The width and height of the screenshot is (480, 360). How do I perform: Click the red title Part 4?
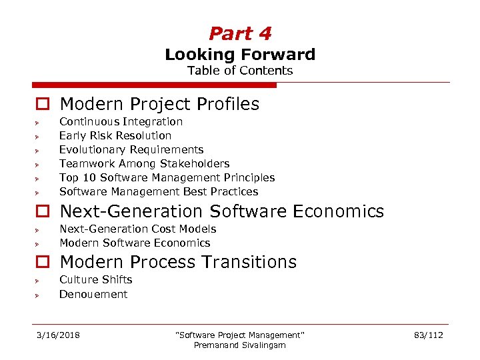(240, 33)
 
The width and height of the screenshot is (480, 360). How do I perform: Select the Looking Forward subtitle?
(240, 55)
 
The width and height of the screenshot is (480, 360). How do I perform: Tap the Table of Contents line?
(240, 71)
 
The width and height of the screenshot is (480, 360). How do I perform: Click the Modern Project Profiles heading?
(159, 104)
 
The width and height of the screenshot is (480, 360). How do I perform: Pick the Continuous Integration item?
(121, 121)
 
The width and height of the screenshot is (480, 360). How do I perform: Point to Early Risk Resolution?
(115, 135)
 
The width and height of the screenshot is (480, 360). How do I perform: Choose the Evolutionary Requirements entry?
(131, 149)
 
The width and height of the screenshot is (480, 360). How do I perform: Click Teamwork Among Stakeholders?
(144, 163)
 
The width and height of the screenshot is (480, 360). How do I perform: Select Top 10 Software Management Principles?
(167, 177)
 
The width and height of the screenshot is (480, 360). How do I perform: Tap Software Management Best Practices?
(159, 191)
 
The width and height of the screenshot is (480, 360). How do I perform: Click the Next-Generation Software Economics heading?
(222, 211)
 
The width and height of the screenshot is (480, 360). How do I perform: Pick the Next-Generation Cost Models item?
(138, 229)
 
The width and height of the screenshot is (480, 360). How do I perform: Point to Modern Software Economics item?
(135, 243)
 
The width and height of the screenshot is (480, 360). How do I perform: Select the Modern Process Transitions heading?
(178, 262)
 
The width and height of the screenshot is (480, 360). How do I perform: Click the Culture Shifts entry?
(96, 279)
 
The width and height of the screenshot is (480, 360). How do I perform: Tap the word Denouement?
(93, 294)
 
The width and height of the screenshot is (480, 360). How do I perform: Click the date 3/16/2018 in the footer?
(58, 335)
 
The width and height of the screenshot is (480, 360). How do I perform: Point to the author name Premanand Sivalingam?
(239, 345)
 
